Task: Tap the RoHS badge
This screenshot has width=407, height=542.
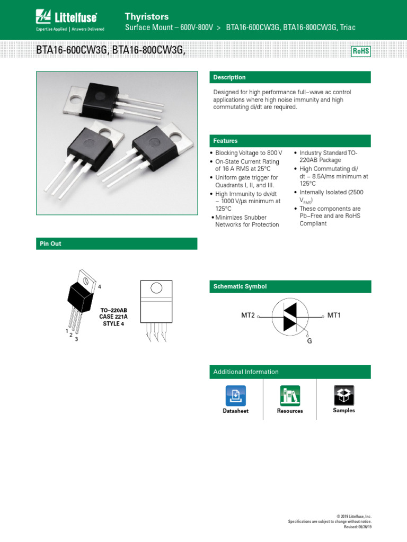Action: point(360,51)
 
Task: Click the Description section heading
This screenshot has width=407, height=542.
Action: point(229,77)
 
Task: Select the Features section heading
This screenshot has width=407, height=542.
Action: point(225,141)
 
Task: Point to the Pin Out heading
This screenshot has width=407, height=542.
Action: point(51,243)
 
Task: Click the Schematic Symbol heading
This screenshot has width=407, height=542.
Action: point(240,286)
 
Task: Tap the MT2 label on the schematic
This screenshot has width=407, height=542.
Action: point(248,315)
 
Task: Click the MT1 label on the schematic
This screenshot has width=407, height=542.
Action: point(334,315)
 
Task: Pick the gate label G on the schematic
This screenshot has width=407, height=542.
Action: point(309,341)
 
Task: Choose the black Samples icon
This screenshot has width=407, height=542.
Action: point(344,395)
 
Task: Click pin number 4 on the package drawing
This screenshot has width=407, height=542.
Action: point(99,286)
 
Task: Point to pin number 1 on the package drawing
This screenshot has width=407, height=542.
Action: point(67,331)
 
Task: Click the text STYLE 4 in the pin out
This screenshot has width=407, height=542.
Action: point(113,323)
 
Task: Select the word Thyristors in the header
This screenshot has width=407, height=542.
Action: point(147,16)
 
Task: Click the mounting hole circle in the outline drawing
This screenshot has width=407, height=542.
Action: point(156,288)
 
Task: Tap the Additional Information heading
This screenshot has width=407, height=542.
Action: point(246,372)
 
